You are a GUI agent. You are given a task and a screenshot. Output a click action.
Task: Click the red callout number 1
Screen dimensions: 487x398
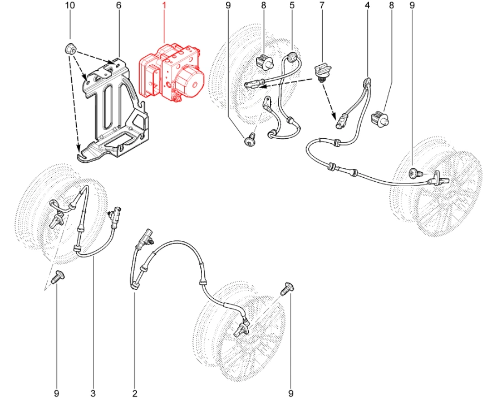[x=164, y=5]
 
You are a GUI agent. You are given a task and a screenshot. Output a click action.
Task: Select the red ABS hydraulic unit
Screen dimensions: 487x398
[x=172, y=72]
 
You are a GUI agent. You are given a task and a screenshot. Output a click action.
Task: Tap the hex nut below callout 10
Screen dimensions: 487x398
[x=71, y=49]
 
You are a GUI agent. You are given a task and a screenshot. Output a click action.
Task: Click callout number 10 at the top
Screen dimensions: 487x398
[x=70, y=5]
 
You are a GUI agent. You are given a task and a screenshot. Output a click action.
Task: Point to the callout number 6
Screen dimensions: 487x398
[x=119, y=5]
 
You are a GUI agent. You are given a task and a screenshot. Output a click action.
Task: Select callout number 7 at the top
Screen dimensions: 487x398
[x=322, y=5]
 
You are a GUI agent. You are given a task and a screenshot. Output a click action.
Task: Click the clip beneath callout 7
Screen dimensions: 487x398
[x=323, y=71]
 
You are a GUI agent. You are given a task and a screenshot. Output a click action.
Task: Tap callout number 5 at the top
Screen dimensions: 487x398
[x=292, y=5]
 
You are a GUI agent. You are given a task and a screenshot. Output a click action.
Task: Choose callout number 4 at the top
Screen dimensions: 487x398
[x=367, y=5]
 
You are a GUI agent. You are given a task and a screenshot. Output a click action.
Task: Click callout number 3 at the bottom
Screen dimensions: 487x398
[x=93, y=393]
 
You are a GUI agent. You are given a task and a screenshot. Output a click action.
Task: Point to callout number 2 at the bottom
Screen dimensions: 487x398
[x=135, y=393]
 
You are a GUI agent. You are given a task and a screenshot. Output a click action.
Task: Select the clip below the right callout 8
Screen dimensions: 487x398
[x=381, y=118]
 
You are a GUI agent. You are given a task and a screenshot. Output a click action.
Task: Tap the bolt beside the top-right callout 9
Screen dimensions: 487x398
[x=416, y=173]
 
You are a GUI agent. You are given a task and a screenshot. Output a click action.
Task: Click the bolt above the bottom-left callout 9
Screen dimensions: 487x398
[x=58, y=276]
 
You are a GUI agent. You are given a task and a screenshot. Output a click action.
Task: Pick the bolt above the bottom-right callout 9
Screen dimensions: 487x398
[x=287, y=288]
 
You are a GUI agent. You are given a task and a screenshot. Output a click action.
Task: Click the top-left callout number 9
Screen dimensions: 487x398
[x=228, y=5]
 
